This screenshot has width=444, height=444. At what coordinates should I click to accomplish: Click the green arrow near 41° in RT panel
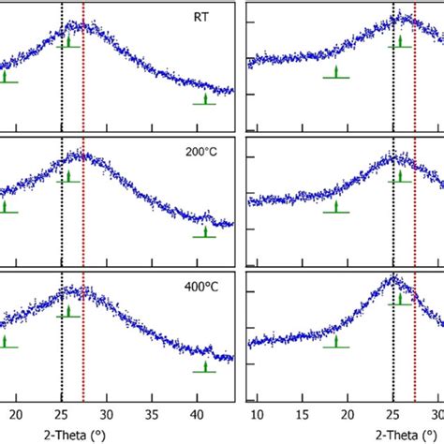pos(205,98)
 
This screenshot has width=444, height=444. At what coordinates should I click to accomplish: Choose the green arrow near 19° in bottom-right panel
pos(336,341)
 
